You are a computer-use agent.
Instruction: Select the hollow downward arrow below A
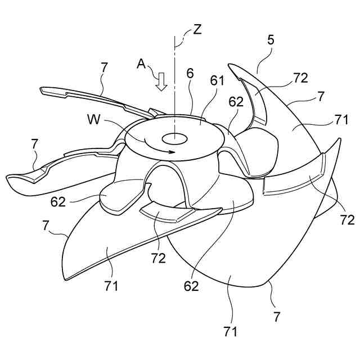coord(162,83)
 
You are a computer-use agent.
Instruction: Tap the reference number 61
coord(218,81)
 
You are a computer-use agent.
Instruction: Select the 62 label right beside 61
coord(236,102)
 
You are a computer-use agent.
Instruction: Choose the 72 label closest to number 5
coord(300,78)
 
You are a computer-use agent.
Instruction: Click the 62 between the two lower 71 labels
coord(191,286)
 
